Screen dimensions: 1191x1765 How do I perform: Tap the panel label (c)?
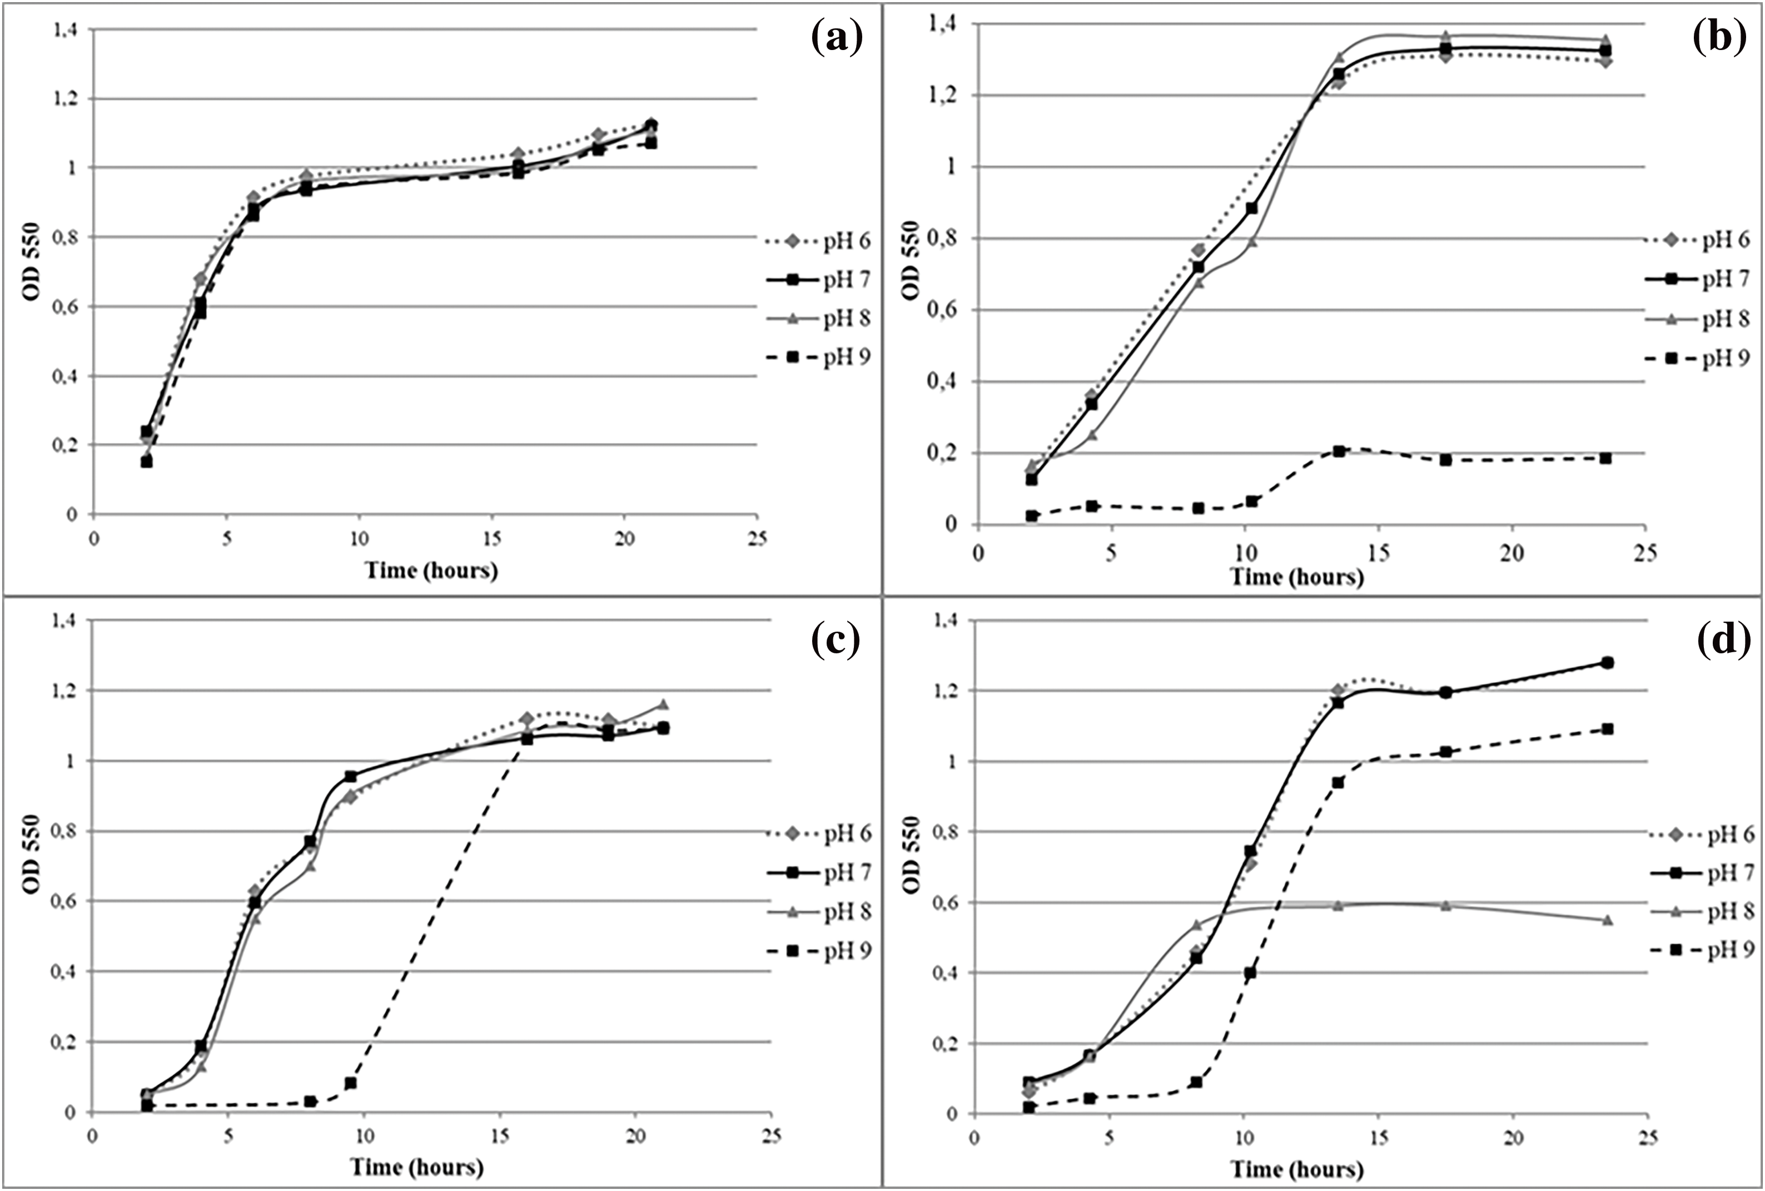click(836, 641)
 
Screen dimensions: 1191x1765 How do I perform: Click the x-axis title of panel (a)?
click(431, 570)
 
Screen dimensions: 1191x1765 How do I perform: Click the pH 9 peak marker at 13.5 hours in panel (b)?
click(1339, 451)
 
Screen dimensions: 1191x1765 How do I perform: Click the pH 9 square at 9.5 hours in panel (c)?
click(351, 1083)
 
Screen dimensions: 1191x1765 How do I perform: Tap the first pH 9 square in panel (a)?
click(147, 462)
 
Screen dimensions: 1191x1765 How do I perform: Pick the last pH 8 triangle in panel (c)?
click(663, 704)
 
